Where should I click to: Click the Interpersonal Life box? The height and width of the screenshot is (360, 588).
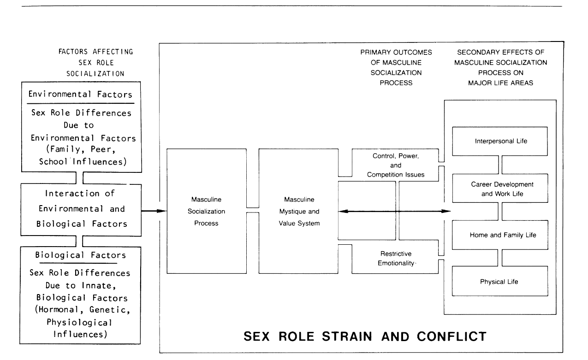click(500, 141)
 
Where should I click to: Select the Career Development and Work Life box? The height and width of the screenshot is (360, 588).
click(500, 189)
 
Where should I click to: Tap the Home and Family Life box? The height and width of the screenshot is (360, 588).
click(500, 235)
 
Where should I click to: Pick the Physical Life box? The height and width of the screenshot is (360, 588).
click(500, 282)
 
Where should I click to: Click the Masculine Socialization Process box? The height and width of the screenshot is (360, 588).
click(206, 211)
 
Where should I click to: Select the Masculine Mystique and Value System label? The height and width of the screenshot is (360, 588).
click(298, 211)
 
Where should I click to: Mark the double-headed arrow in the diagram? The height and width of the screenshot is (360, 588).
click(394, 211)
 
